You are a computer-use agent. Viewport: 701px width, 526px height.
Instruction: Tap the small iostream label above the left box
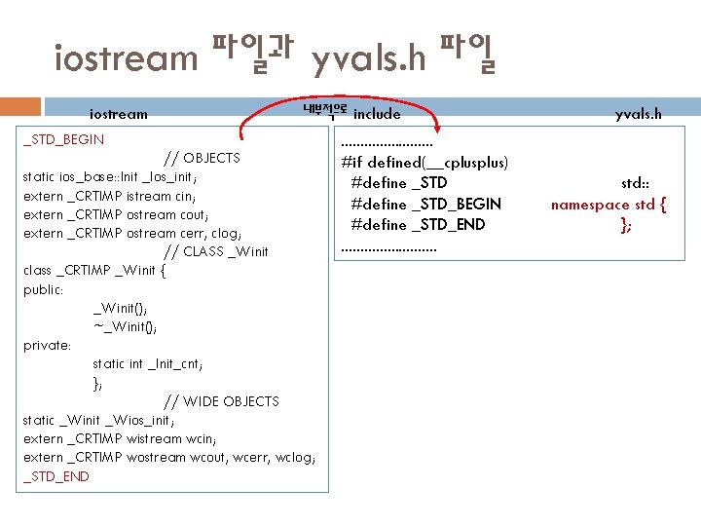tap(119, 114)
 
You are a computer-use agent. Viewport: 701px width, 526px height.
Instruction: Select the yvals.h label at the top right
tap(638, 114)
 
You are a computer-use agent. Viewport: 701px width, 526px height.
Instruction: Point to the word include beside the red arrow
tap(377, 114)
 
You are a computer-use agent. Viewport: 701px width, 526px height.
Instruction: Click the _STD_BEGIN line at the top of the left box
tap(63, 139)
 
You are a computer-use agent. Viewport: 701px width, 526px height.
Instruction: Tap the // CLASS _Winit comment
tap(215, 251)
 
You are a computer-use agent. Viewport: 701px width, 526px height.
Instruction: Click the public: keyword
tap(44, 289)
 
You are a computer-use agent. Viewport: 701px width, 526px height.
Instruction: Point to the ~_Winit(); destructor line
tap(126, 326)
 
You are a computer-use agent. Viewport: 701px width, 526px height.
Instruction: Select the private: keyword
tap(47, 345)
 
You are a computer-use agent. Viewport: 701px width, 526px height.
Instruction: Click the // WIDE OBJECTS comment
tap(221, 401)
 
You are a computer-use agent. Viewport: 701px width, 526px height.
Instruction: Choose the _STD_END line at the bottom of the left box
tap(56, 476)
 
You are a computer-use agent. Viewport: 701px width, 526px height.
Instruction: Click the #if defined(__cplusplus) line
tap(424, 162)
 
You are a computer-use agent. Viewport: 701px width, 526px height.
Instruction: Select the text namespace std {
tap(609, 205)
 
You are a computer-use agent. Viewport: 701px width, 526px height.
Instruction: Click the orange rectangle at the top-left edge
tap(20, 107)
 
